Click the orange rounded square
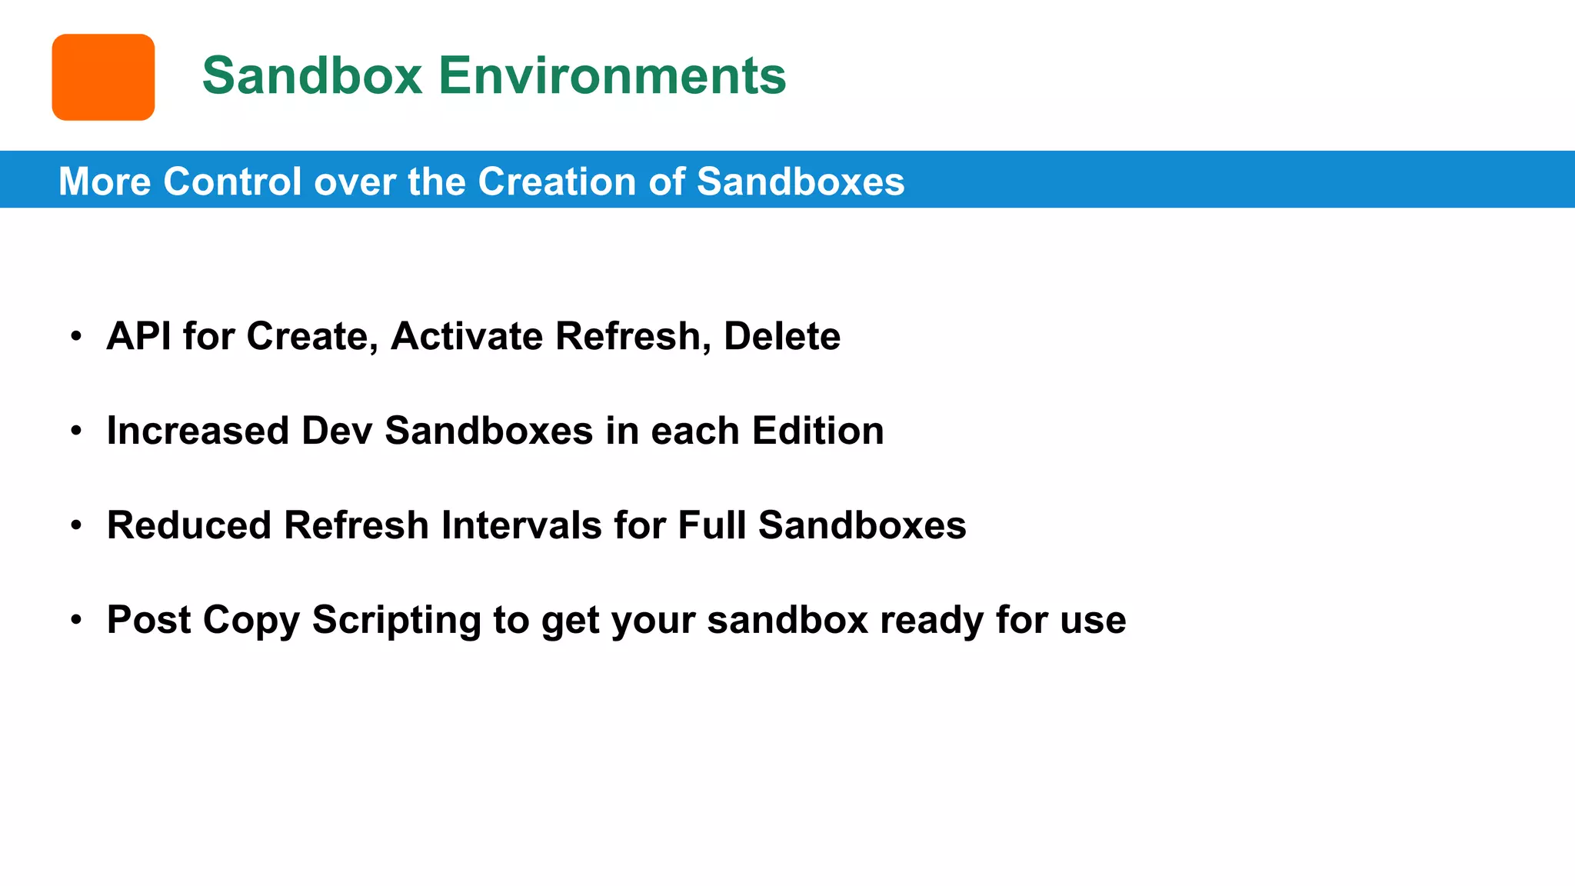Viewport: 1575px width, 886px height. pos(103,77)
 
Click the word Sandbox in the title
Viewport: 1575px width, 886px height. pos(312,75)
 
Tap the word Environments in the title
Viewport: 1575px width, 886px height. pos(612,75)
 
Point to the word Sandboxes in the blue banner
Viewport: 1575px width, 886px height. pos(800,182)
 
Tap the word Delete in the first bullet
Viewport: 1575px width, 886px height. pos(781,336)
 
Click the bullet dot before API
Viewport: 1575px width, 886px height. pos(75,336)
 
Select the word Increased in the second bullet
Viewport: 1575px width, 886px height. pos(198,431)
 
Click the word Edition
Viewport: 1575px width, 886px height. pos(817,431)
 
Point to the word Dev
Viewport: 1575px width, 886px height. pos(337,431)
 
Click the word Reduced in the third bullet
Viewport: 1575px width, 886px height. pos(189,525)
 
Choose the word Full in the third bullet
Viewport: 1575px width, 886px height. pos(711,525)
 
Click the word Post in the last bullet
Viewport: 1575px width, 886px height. pos(148,620)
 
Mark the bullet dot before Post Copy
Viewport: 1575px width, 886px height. pos(75,620)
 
